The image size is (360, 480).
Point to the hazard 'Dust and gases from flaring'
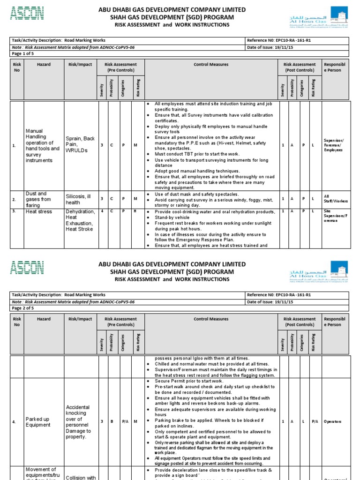coord(37,199)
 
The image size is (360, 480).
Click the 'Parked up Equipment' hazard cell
coord(38,421)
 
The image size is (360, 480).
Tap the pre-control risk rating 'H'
coord(135,211)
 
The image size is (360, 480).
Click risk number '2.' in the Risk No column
coord(14,199)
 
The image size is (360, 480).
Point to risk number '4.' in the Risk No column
coord(14,421)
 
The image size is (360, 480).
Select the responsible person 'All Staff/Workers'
coord(336,198)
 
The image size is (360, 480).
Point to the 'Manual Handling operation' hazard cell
coord(42,145)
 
